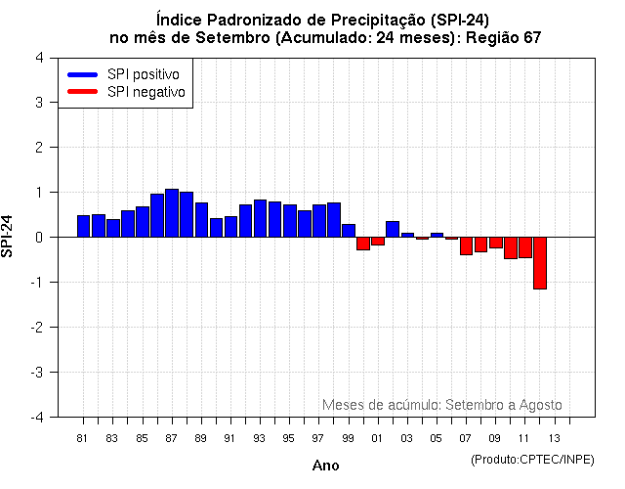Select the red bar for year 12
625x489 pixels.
point(539,262)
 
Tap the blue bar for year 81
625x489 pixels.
point(83,226)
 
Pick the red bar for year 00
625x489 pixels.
point(362,244)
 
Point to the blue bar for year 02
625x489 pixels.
point(393,229)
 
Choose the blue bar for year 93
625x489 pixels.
point(260,218)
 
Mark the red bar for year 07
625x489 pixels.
point(466,245)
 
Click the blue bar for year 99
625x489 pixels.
point(349,231)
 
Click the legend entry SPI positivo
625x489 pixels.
point(147,74)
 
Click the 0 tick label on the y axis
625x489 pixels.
point(38,237)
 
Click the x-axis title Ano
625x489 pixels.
point(325,466)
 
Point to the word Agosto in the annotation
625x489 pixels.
point(540,404)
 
